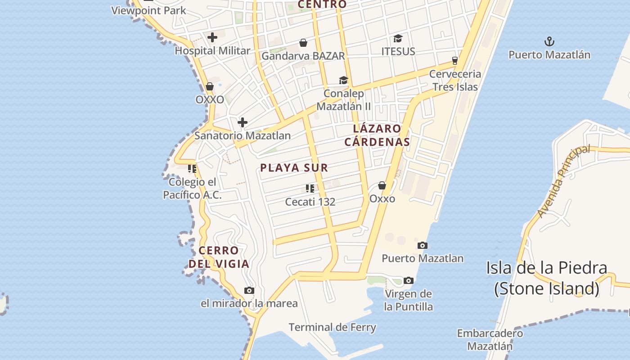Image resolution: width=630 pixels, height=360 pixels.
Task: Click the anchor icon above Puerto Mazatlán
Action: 549,42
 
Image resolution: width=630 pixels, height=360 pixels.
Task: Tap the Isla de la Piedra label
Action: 546,278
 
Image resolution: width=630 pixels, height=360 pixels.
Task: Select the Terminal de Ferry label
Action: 332,327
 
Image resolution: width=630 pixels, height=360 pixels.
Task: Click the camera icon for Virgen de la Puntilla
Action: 408,280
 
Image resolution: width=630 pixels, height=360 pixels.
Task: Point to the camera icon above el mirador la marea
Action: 249,290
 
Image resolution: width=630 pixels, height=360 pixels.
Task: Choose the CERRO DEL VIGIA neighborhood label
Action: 219,257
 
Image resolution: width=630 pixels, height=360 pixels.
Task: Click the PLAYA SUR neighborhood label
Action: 294,168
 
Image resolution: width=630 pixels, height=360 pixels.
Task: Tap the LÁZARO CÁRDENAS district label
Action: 377,135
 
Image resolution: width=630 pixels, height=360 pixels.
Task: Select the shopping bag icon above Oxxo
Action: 382,185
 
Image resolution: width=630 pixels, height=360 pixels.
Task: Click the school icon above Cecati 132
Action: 310,188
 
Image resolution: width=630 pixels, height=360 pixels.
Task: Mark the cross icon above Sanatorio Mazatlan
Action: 242,122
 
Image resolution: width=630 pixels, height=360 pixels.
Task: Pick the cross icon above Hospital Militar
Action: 212,37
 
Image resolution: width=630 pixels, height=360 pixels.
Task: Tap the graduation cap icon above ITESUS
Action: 398,38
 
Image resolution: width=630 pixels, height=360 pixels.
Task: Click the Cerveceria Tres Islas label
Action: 455,80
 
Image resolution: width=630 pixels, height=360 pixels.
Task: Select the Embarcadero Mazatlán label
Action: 490,340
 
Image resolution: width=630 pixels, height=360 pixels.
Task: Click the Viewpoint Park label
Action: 148,10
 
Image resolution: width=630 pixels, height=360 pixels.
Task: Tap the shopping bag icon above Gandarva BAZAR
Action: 303,43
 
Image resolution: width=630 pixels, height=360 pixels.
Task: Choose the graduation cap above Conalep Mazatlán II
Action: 343,80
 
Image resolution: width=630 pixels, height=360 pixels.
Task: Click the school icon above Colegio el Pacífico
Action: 192,169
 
